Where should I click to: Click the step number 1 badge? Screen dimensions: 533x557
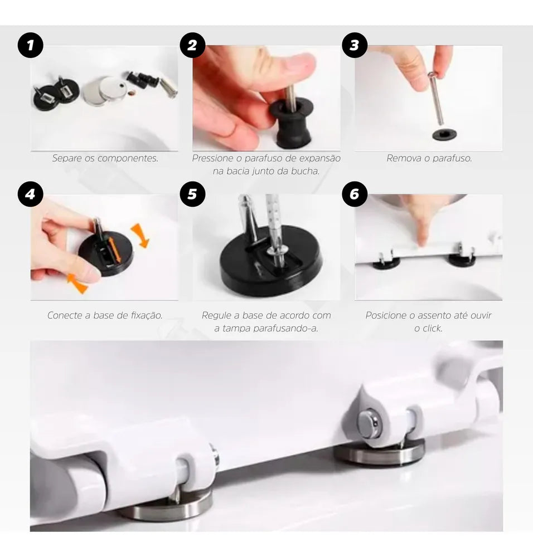click(30, 45)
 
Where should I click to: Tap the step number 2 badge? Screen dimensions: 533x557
click(192, 45)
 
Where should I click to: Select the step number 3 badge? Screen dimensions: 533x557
click(355, 45)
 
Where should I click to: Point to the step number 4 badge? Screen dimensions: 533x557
click(30, 194)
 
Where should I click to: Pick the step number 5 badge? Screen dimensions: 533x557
click(192, 194)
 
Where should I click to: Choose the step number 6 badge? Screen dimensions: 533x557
click(355, 194)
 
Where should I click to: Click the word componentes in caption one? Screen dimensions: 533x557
click(128, 158)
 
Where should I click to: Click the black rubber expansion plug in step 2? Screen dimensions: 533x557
click(291, 123)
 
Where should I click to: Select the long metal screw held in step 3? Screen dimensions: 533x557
click(437, 98)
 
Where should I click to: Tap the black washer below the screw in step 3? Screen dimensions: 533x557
click(444, 135)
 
